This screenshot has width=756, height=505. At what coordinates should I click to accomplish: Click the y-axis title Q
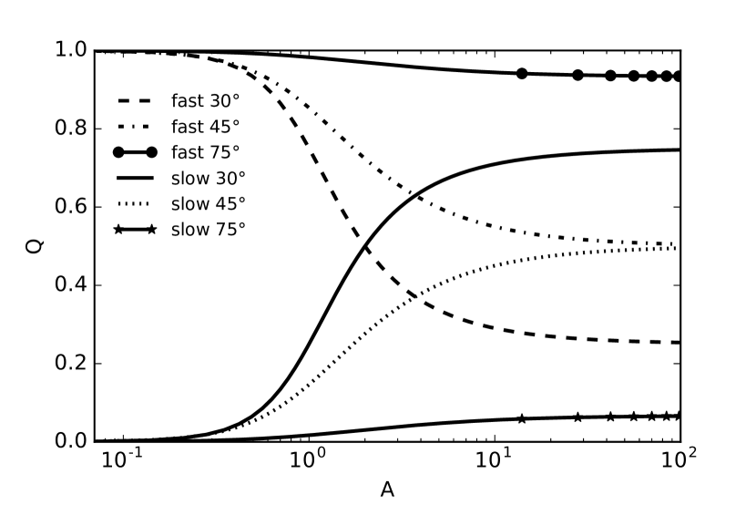coord(35,246)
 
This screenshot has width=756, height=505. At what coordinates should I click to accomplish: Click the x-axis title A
coord(387,489)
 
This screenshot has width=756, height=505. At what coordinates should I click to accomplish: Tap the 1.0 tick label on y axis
coord(70,51)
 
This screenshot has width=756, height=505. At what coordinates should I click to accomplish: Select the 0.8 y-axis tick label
coord(70,129)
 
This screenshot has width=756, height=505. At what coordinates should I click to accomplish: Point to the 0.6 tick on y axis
coord(70,208)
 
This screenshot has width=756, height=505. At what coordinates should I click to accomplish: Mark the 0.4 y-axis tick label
coord(70,286)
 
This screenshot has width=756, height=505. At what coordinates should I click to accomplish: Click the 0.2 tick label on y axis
coord(70,365)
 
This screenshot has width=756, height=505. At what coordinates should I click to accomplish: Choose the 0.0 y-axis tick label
coord(70,442)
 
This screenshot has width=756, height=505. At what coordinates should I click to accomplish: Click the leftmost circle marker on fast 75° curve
coord(522,74)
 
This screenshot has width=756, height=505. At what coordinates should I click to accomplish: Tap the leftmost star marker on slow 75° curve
coord(522,419)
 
